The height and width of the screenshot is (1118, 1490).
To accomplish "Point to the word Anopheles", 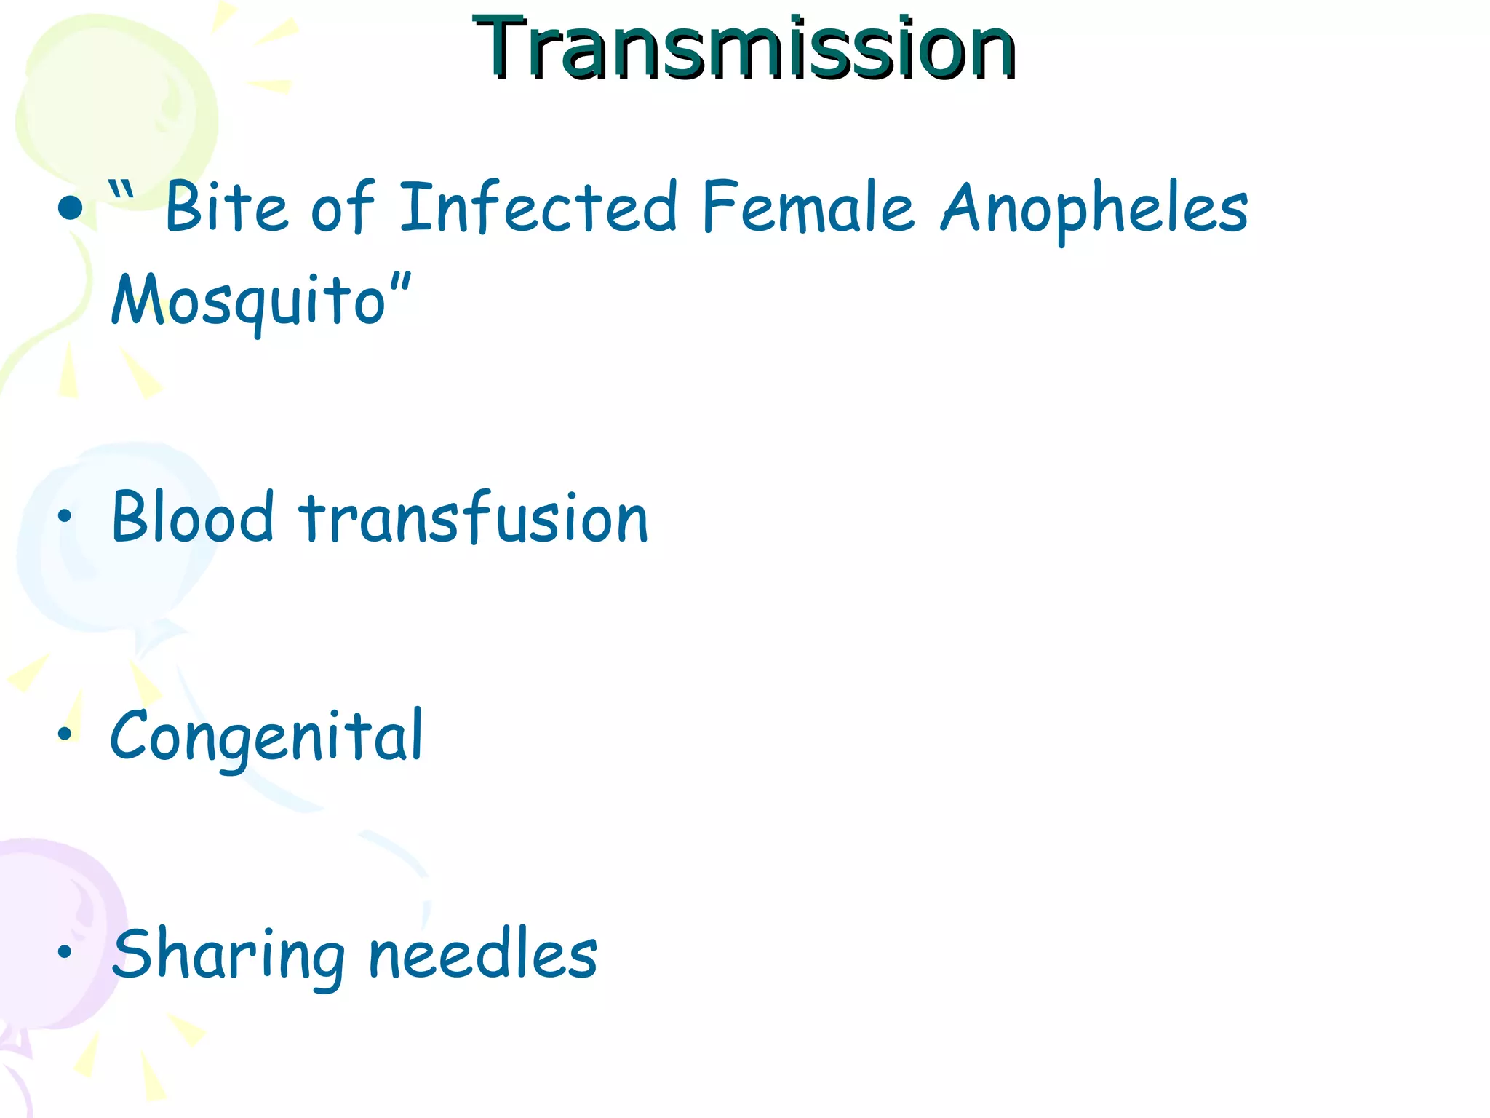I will tap(1094, 211).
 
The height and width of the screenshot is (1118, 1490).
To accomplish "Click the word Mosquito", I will tap(247, 301).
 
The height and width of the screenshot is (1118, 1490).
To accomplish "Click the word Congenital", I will tap(266, 737).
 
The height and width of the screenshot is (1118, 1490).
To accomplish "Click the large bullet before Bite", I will tap(71, 210).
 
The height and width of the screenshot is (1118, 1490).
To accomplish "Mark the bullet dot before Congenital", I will tap(65, 734).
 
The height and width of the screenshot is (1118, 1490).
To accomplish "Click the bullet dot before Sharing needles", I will tap(65, 951).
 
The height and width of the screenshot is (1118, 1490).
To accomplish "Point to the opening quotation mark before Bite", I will tap(121, 191).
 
